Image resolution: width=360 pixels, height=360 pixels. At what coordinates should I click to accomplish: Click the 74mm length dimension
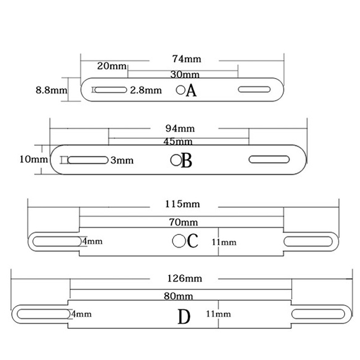[187, 59]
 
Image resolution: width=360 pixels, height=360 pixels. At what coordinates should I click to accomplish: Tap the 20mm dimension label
[112, 66]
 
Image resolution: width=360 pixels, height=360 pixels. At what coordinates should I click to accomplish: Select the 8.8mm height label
[51, 90]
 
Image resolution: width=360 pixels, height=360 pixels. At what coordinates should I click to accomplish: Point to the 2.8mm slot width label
[146, 90]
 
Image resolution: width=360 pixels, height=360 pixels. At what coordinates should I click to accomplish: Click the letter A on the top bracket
[191, 90]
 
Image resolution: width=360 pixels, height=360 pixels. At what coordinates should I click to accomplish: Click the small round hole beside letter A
[181, 90]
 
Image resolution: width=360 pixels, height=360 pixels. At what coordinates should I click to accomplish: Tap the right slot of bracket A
[254, 89]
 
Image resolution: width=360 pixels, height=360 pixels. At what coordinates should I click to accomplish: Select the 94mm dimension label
[180, 129]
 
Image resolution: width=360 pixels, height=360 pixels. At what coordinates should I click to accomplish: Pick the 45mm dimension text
[178, 142]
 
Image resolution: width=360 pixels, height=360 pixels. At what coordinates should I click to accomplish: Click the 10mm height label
[33, 159]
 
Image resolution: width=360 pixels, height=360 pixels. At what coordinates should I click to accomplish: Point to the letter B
[187, 161]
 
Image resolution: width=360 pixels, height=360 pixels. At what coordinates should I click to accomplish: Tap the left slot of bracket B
[88, 160]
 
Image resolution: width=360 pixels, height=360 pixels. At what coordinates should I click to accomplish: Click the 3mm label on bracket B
[122, 160]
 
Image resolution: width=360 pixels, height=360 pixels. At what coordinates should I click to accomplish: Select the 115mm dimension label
[183, 204]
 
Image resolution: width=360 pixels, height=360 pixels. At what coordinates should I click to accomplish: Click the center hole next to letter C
[179, 241]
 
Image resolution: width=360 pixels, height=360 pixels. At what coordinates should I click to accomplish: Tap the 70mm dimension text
[184, 222]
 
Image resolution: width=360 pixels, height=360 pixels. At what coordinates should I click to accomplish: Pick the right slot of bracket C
[308, 241]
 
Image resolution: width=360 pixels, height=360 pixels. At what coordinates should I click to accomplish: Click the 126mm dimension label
[184, 279]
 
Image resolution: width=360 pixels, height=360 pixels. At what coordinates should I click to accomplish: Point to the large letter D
[184, 317]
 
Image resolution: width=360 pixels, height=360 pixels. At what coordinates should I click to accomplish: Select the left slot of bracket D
[43, 314]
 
